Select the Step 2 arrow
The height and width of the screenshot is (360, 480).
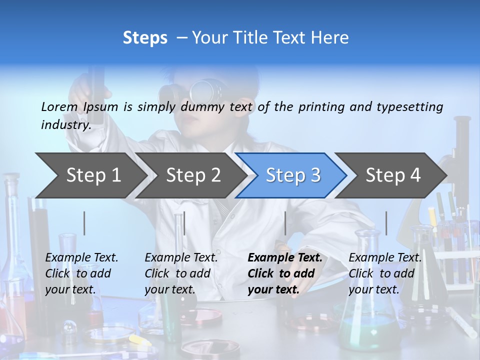(192, 175)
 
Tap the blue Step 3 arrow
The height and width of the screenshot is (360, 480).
(292, 175)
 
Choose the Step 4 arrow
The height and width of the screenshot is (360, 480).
(392, 175)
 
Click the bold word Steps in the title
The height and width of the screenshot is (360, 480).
(145, 38)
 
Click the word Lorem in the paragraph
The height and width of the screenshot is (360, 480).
(59, 106)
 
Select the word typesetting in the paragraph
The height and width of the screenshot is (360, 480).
(409, 106)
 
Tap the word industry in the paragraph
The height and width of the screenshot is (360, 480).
(65, 125)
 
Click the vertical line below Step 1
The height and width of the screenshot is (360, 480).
(84, 223)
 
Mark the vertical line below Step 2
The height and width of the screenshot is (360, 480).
(184, 223)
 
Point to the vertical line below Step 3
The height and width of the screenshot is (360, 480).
(285, 223)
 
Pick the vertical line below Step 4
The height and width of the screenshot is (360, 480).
(386, 223)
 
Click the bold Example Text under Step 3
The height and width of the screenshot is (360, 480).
(285, 257)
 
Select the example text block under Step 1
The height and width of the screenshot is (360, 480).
(81, 273)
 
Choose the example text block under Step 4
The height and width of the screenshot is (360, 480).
(385, 273)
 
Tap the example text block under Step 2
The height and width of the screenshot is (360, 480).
(181, 273)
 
